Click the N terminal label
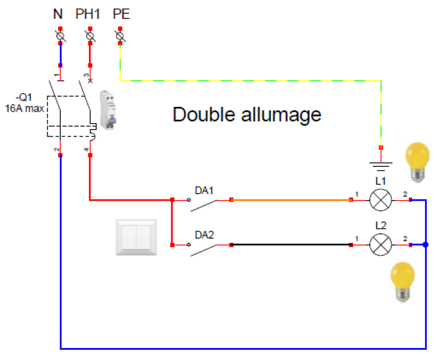tap(58, 14)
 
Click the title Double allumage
tap(247, 115)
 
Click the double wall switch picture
tap(137, 237)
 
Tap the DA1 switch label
tap(204, 190)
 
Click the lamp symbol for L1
tap(381, 200)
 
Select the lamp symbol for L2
tap(381, 245)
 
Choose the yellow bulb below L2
tap(404, 281)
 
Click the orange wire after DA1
tap(291, 200)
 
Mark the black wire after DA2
tap(291, 245)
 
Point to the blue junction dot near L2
tap(426, 245)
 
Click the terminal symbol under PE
tap(120, 36)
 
